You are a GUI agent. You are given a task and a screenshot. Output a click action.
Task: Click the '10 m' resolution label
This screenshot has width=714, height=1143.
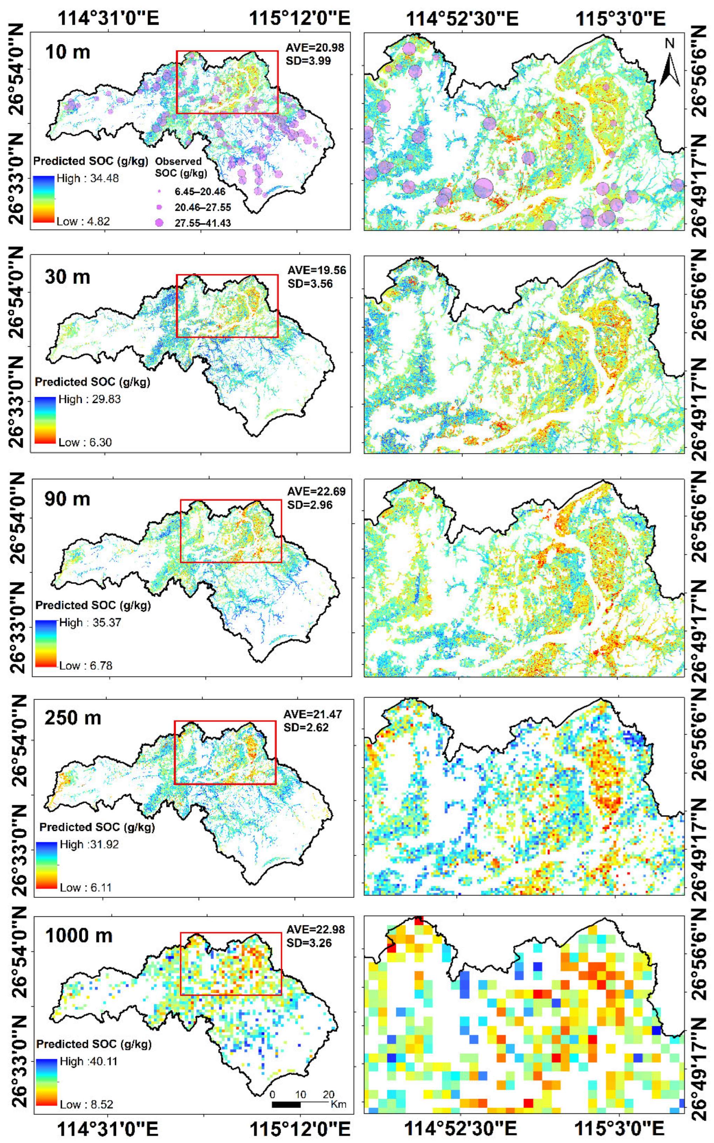[68, 51]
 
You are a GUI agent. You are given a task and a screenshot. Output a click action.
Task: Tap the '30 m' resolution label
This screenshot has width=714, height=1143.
[68, 277]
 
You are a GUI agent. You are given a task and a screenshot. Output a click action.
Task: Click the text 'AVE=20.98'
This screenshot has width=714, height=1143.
[315, 47]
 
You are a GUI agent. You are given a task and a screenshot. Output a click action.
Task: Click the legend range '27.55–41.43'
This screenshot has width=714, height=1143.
[203, 223]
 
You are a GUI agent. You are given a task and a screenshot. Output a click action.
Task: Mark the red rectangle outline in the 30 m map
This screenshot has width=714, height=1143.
[227, 275]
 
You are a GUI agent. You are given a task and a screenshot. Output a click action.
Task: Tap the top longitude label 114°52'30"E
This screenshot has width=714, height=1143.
[462, 19]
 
